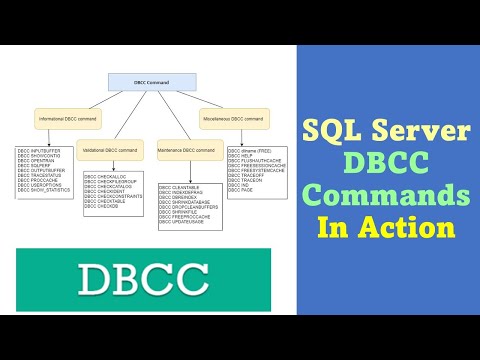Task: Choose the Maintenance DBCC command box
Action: point(186,150)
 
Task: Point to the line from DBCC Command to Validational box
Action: point(128,118)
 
